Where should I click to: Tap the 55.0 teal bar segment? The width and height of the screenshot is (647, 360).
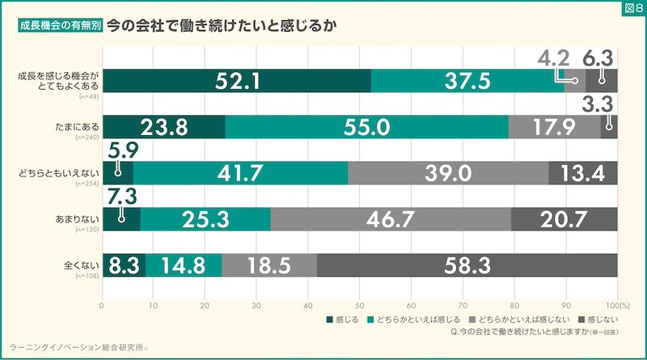[x=366, y=127]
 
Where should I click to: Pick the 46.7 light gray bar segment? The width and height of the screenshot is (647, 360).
[x=391, y=218]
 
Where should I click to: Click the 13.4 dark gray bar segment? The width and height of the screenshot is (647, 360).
[x=582, y=173]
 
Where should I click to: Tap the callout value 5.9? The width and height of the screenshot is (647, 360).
[x=120, y=150]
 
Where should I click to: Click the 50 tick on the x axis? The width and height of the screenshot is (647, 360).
[x=359, y=306]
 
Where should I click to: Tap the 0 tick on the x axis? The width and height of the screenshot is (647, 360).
[x=102, y=306]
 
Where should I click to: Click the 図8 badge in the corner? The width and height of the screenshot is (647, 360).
[x=632, y=9]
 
